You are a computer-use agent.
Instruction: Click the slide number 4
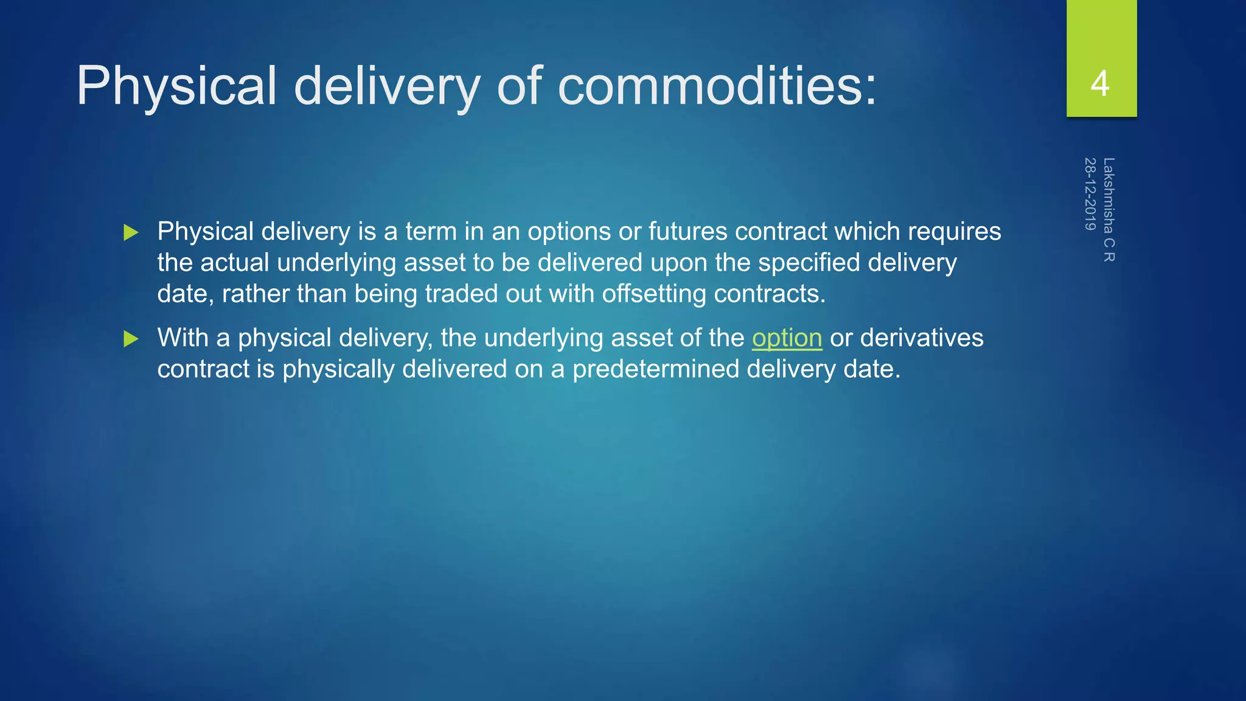click(1100, 83)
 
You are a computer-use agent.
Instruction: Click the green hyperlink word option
click(787, 338)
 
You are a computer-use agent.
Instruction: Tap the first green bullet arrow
click(131, 232)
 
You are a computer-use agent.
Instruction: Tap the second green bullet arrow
click(131, 339)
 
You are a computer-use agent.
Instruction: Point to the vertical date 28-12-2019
click(1090, 194)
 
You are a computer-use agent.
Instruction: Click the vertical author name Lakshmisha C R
click(1109, 210)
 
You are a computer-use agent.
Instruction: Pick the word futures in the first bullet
click(687, 232)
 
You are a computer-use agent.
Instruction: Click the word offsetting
click(654, 294)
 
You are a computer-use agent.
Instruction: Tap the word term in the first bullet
click(431, 232)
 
